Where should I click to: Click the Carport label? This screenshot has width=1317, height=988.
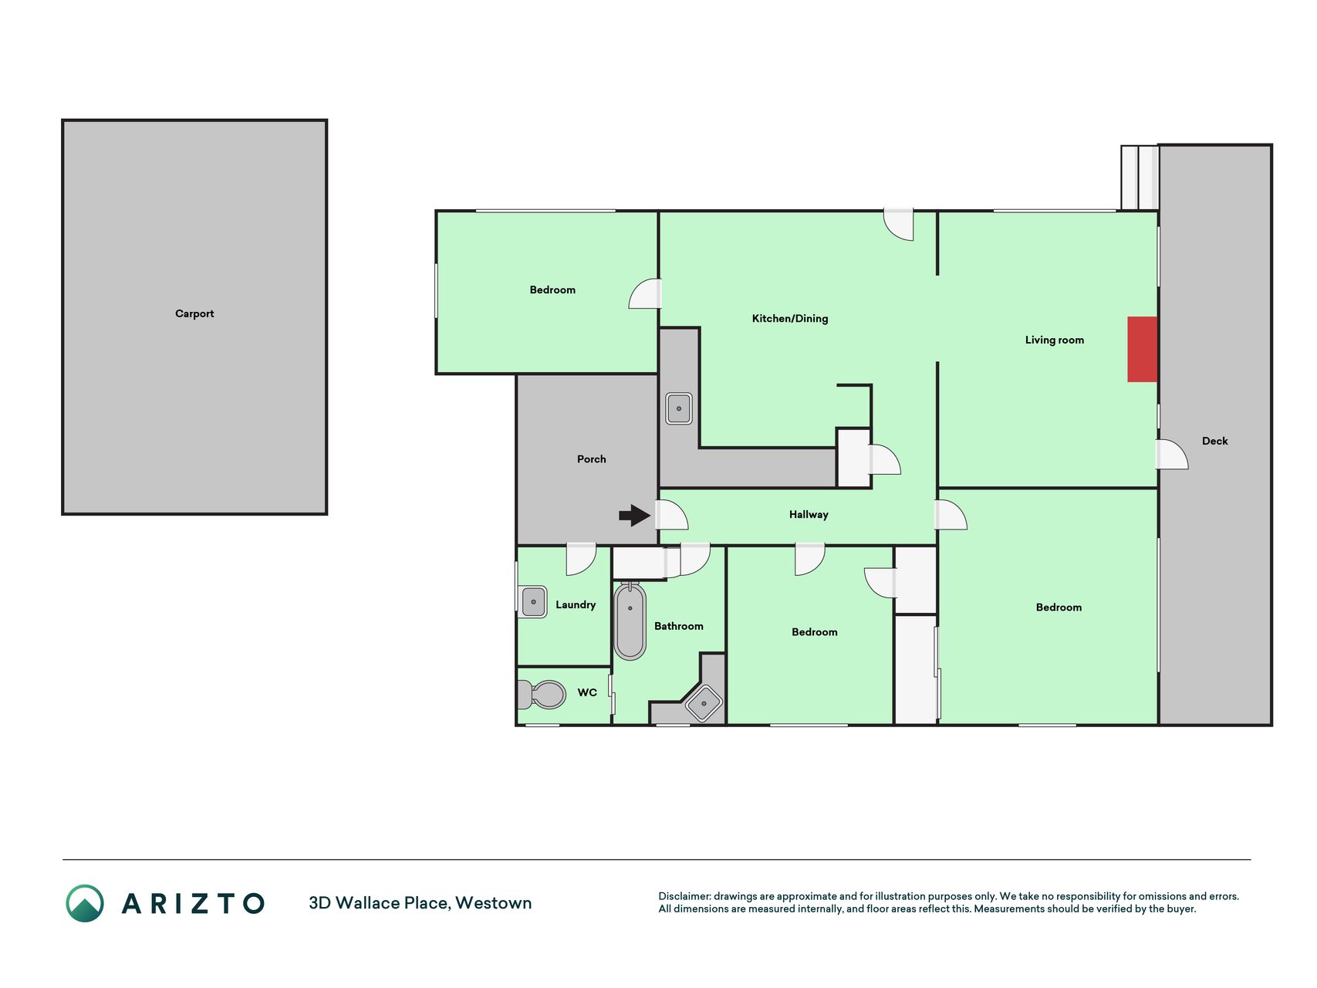(194, 313)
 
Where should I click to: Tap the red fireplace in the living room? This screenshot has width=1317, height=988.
(1142, 349)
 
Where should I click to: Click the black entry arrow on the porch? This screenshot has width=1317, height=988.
(635, 515)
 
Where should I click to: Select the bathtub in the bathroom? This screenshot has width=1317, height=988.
(630, 621)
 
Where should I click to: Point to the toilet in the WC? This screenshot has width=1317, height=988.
(542, 694)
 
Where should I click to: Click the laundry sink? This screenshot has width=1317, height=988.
(532, 601)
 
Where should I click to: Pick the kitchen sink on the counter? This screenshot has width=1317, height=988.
(679, 408)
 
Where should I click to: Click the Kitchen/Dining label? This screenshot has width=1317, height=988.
(790, 318)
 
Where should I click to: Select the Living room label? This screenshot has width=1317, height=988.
(1054, 340)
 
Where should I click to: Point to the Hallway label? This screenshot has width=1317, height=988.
(809, 514)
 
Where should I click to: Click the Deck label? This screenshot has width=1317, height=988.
(1214, 441)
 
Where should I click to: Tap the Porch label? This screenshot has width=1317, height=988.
(592, 458)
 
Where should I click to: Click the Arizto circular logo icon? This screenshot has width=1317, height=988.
(85, 903)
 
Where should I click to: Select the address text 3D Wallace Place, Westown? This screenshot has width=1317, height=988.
(420, 903)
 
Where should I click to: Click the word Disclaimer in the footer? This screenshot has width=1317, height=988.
(684, 896)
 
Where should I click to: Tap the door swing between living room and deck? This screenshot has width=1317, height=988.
(1172, 454)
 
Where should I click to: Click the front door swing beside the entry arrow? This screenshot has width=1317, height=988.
(671, 514)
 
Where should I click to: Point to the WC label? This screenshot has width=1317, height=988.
(587, 692)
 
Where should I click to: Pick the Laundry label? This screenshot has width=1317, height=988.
(576, 604)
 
